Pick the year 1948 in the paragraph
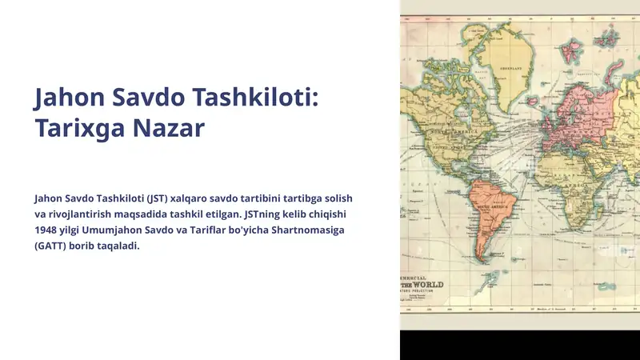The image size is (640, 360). coord(48,230)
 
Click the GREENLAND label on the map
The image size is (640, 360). coord(511,69)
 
